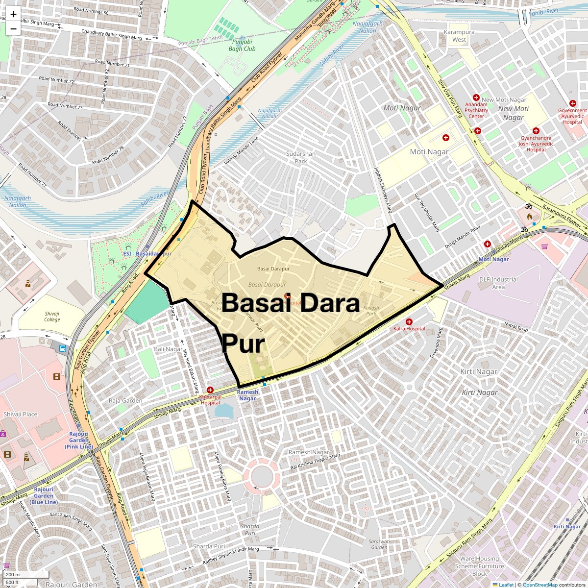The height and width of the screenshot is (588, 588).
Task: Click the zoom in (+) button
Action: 13,14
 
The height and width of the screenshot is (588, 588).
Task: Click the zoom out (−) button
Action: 13,28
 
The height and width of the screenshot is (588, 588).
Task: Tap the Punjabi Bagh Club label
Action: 242,46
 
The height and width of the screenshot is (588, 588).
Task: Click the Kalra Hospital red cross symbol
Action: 409,321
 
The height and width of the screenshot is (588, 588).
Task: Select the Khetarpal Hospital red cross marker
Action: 210,389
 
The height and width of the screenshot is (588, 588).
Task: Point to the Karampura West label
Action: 459,36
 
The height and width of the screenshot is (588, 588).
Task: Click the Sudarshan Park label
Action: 301,157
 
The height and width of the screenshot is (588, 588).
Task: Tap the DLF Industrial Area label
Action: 498,283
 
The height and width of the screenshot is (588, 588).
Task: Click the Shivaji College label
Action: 52,317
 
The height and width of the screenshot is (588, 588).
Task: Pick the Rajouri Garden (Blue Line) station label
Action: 44,495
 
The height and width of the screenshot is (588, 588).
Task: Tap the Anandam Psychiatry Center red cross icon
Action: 475,98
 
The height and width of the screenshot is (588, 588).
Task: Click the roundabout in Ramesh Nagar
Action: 263,475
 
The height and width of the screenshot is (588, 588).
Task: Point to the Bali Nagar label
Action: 168,349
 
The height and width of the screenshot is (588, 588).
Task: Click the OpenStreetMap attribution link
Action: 540,585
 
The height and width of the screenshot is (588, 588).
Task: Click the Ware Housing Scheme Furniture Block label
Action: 480,566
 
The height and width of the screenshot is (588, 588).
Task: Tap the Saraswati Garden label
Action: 380,544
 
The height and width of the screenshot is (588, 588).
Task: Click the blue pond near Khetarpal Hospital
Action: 223,410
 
